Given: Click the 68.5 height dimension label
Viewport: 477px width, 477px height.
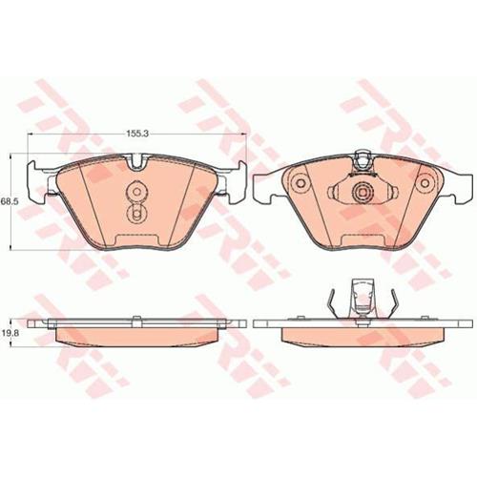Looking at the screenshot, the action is [x=9, y=201].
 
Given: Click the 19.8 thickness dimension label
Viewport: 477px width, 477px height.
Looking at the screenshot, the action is [x=9, y=333].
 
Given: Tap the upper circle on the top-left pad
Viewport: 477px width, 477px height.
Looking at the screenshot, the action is [x=136, y=192].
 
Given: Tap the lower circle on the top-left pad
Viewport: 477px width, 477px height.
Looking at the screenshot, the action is [x=136, y=214].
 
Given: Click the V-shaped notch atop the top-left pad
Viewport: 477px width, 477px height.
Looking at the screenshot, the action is [x=137, y=162].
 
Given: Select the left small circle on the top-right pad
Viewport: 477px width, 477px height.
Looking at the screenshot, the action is [x=301, y=183].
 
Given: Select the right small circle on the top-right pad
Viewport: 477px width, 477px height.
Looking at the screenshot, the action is [x=425, y=183].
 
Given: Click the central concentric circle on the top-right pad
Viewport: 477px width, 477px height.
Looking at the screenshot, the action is [x=363, y=192].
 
